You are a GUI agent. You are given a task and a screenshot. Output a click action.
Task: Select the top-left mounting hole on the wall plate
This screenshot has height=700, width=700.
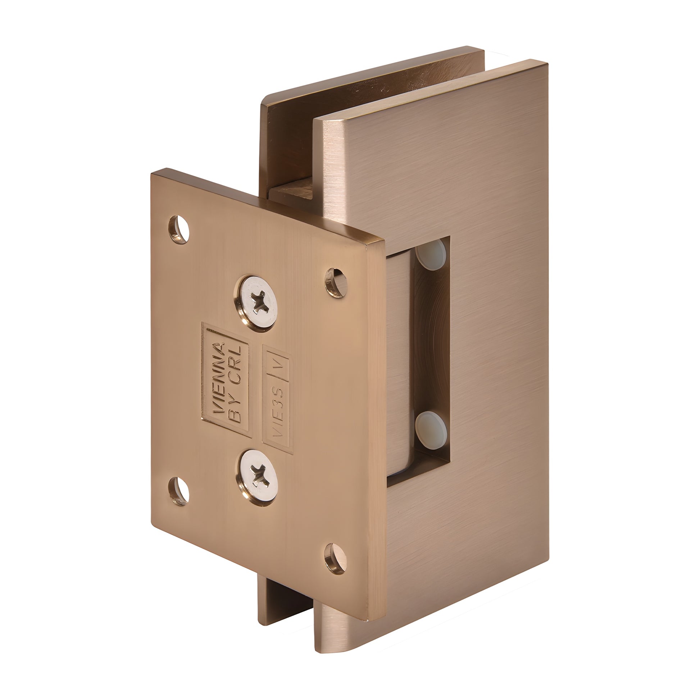pyautogui.click(x=179, y=229)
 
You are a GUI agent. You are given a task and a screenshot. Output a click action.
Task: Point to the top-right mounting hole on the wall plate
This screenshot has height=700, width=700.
pyautogui.click(x=336, y=283)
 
